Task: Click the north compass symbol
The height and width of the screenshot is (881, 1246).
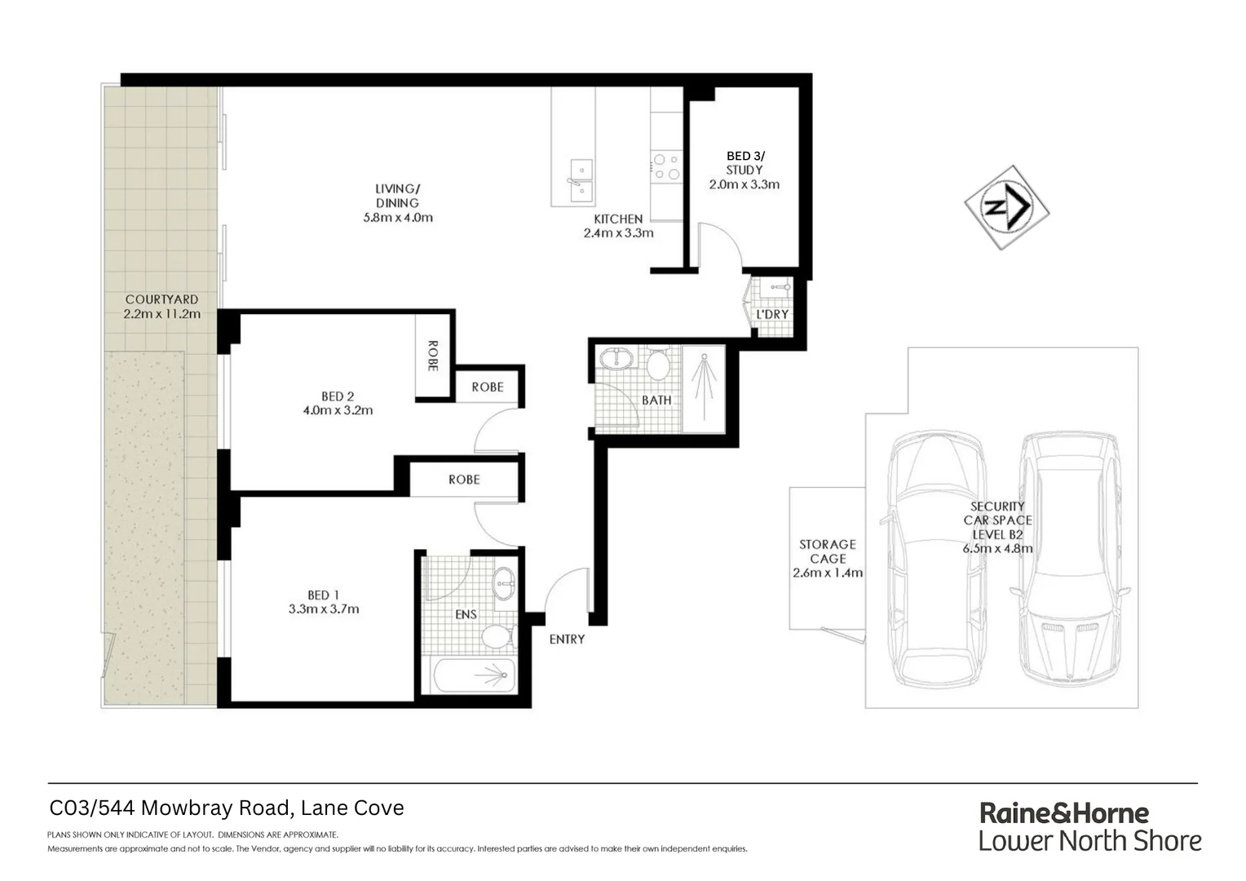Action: click(1007, 207)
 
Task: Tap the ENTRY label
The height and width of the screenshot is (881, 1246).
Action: click(567, 639)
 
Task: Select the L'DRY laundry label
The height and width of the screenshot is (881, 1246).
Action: click(771, 314)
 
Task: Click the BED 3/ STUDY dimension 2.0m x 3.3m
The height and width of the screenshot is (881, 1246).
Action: click(744, 184)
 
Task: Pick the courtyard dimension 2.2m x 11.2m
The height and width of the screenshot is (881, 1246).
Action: click(161, 313)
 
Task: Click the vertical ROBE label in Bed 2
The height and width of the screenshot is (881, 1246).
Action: click(433, 356)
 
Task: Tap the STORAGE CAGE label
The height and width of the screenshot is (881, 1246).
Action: click(828, 551)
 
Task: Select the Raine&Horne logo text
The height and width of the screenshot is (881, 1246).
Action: click(1063, 812)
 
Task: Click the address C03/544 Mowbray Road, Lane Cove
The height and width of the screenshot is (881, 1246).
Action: click(227, 808)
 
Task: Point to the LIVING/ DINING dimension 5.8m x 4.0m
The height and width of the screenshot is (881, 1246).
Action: click(398, 217)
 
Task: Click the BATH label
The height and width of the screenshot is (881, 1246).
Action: click(656, 400)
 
